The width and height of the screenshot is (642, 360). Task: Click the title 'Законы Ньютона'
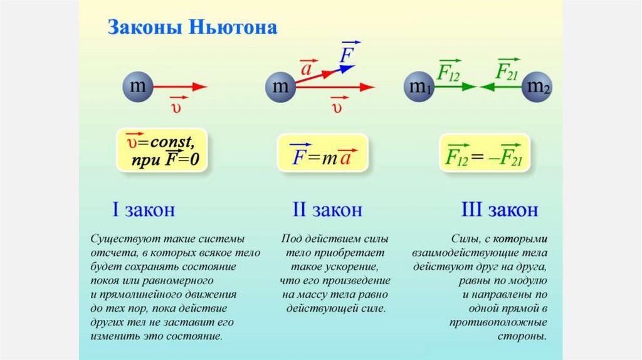tap(193, 28)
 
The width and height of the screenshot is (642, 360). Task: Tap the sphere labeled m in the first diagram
tap(137, 87)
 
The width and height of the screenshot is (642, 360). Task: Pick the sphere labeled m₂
tap(538, 87)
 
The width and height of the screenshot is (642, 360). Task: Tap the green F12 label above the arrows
tap(448, 71)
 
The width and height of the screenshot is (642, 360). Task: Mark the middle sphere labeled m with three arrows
tap(280, 87)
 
